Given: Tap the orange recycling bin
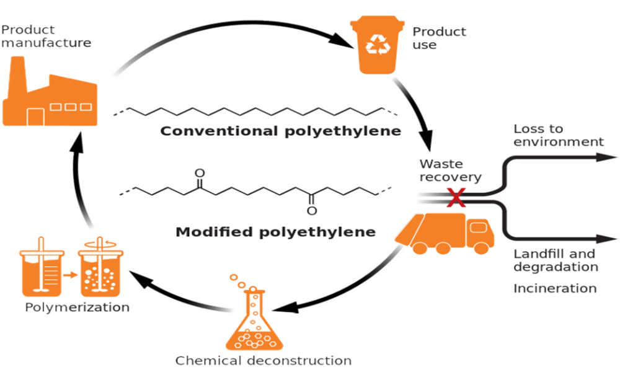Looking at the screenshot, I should click(376, 45).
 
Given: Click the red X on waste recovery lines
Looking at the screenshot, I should click(456, 198).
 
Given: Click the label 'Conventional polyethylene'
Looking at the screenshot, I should click(280, 131).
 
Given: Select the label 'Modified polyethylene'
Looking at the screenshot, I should click(276, 232).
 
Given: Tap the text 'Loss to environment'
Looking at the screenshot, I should click(558, 135).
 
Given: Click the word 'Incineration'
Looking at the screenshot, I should click(555, 288).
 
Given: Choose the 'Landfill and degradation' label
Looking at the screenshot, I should click(556, 260).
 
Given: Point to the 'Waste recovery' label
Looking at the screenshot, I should click(450, 170).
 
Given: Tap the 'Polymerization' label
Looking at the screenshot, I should click(77, 307).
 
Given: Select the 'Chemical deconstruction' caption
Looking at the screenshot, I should click(263, 360).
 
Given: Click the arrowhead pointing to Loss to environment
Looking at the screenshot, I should click(604, 157).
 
